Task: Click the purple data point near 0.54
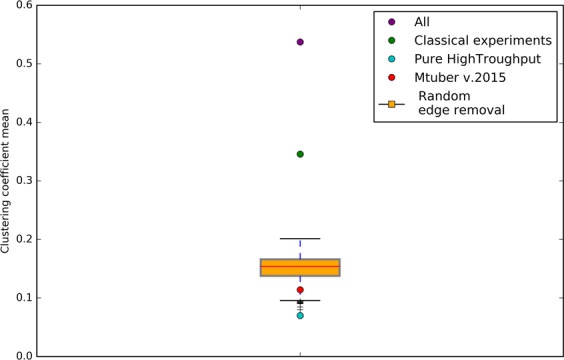tap(300, 42)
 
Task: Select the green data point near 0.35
tap(300, 154)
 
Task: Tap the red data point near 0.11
tap(300, 290)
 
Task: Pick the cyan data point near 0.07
tap(300, 315)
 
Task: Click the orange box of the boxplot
tap(300, 268)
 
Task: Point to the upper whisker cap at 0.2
tap(300, 239)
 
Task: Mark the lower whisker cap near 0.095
tap(300, 300)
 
